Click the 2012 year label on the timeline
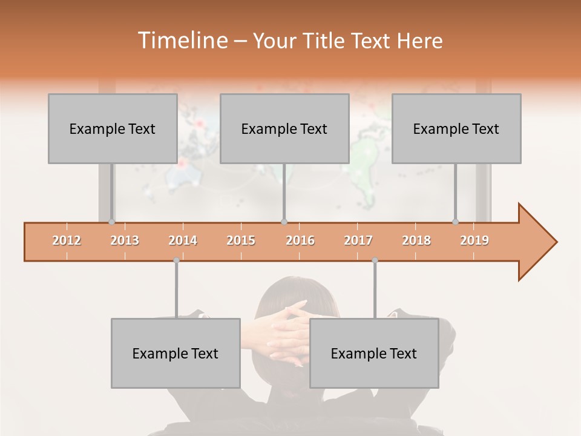tap(67, 240)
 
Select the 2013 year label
tap(125, 240)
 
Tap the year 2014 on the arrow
tap(183, 240)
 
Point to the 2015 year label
tap(241, 240)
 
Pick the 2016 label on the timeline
tap(300, 240)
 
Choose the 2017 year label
tap(358, 240)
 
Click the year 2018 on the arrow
tap(416, 240)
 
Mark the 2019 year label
tap(474, 240)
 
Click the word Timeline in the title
tap(181, 41)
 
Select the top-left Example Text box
tap(113, 128)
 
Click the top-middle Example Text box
tap(284, 128)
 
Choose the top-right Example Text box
tap(456, 128)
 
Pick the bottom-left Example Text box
tap(176, 353)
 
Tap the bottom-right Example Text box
tap(374, 353)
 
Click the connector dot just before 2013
tap(111, 222)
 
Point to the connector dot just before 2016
tap(284, 222)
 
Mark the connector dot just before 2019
tap(456, 222)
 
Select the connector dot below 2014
tap(176, 260)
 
